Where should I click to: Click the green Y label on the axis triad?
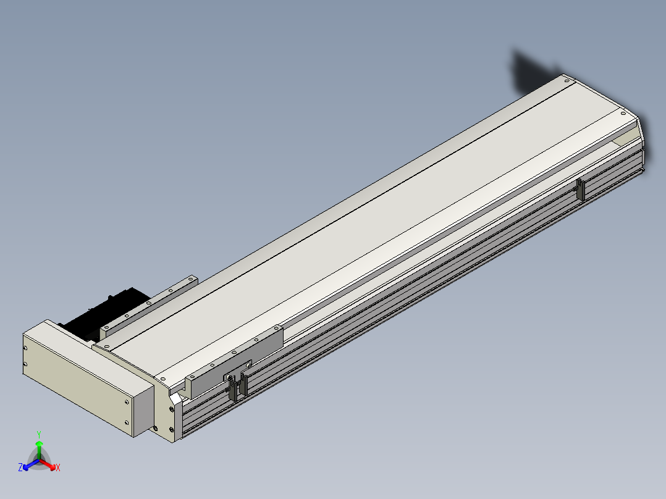pyautogui.click(x=39, y=434)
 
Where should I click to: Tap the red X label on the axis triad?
pyautogui.click(x=58, y=468)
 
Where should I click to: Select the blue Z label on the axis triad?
pyautogui.click(x=20, y=468)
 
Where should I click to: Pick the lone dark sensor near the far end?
pyautogui.click(x=580, y=189)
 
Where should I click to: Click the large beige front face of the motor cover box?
pyautogui.click(x=78, y=384)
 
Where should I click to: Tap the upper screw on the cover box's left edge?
pyautogui.click(x=25, y=348)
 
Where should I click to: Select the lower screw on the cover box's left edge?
pyautogui.click(x=25, y=364)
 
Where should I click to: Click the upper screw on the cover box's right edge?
pyautogui.click(x=127, y=402)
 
